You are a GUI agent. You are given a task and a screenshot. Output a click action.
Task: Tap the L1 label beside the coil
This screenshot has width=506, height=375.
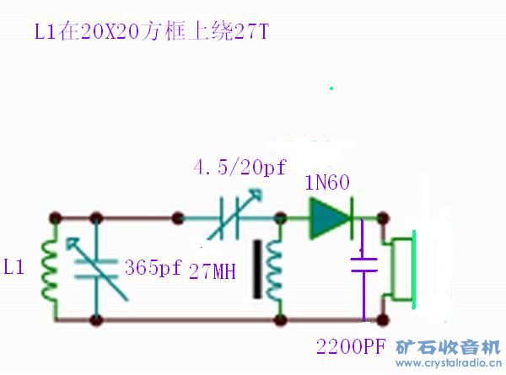(15, 269)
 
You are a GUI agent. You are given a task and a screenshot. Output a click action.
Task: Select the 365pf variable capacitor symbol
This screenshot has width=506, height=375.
(97, 269)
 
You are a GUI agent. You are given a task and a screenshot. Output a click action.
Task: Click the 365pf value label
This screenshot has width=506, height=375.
(153, 269)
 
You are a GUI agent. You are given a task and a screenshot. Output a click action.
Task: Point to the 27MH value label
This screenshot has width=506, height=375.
(213, 271)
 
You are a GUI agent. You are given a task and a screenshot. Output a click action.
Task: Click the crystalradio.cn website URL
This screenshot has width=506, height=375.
(448, 363)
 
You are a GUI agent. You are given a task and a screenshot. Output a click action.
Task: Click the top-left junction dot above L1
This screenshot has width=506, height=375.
(56, 217)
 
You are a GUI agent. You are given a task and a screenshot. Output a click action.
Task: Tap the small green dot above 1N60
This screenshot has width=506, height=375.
(331, 87)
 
